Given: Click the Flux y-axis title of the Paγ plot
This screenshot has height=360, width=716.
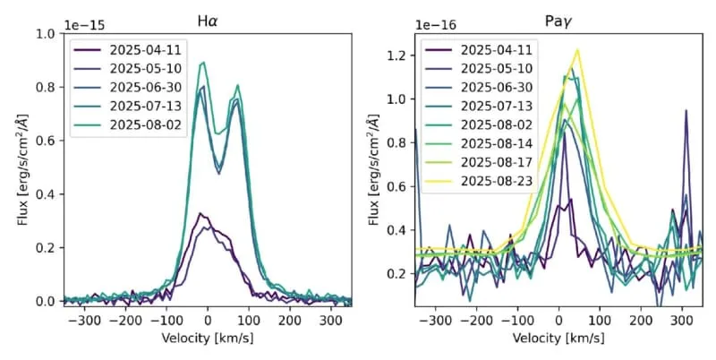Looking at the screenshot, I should point(375,170).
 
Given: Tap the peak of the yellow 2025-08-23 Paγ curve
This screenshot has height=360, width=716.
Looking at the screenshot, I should point(577,50).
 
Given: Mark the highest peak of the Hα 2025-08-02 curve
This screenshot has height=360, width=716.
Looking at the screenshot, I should point(203,63).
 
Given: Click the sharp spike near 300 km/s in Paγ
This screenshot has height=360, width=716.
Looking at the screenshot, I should point(686,111).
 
